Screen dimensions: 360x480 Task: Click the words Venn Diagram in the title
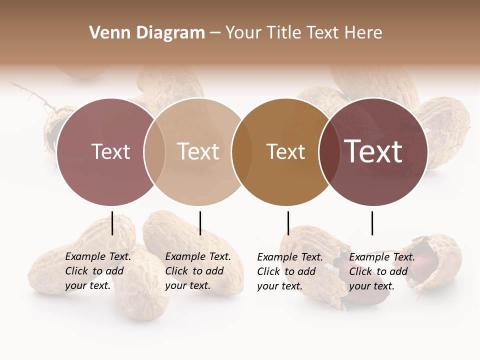147,33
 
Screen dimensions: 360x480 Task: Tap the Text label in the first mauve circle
110,151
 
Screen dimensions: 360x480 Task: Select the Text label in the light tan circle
198,151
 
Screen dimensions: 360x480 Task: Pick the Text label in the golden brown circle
285,151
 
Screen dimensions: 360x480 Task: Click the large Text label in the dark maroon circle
373,151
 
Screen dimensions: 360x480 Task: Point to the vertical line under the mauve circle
112,223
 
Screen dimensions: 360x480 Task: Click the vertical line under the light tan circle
200,223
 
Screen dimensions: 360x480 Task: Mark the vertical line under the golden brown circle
288,223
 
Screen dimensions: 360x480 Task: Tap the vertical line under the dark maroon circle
372,223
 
